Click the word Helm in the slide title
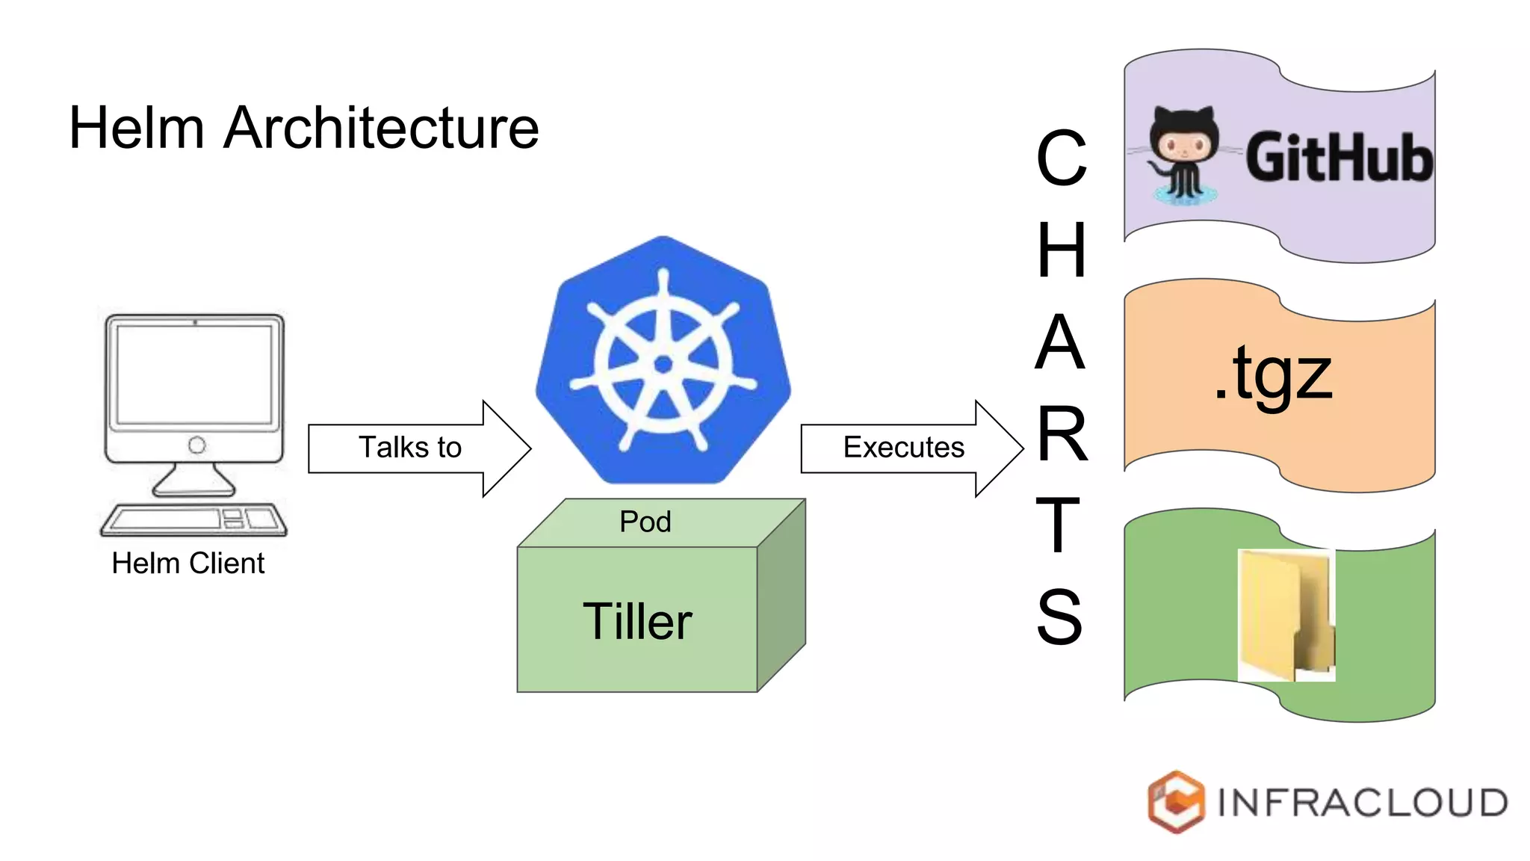point(136,128)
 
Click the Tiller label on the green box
point(637,621)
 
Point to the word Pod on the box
point(645,522)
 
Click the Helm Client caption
point(188,564)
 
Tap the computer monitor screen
point(194,374)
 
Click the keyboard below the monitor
point(193,519)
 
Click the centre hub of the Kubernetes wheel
point(663,365)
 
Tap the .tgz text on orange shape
point(1273,374)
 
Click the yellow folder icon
point(1286,614)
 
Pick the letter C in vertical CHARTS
point(1061,158)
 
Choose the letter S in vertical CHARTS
point(1059,617)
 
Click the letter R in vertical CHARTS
point(1062,433)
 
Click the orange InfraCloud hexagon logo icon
point(1175,801)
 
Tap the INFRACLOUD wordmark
point(1362,803)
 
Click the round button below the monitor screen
point(196,445)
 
